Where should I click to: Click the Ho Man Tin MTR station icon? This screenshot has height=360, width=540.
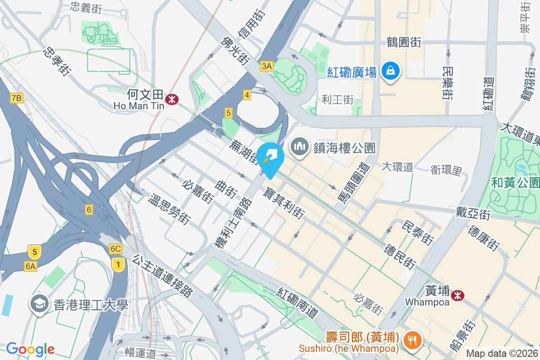click(x=171, y=99)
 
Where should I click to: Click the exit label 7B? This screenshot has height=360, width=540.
click(x=17, y=98)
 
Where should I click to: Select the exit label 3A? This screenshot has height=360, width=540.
click(x=267, y=67)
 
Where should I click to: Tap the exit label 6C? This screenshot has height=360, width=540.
click(x=116, y=249)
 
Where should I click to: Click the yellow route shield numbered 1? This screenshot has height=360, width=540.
click(x=118, y=264)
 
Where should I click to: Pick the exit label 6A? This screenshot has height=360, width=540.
click(x=31, y=266)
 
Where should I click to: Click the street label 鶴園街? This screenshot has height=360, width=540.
click(x=404, y=43)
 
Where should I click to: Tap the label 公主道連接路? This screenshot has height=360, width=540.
click(x=163, y=275)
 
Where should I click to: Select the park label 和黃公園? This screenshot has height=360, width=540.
click(x=515, y=182)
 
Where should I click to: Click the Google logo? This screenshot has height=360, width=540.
click(x=30, y=349)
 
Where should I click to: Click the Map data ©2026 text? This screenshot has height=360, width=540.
click(x=502, y=353)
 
